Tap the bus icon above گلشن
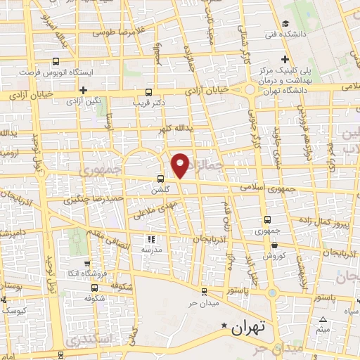(161, 179)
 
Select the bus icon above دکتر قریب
(148, 92)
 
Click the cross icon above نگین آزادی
(83, 90)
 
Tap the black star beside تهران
(224, 326)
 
